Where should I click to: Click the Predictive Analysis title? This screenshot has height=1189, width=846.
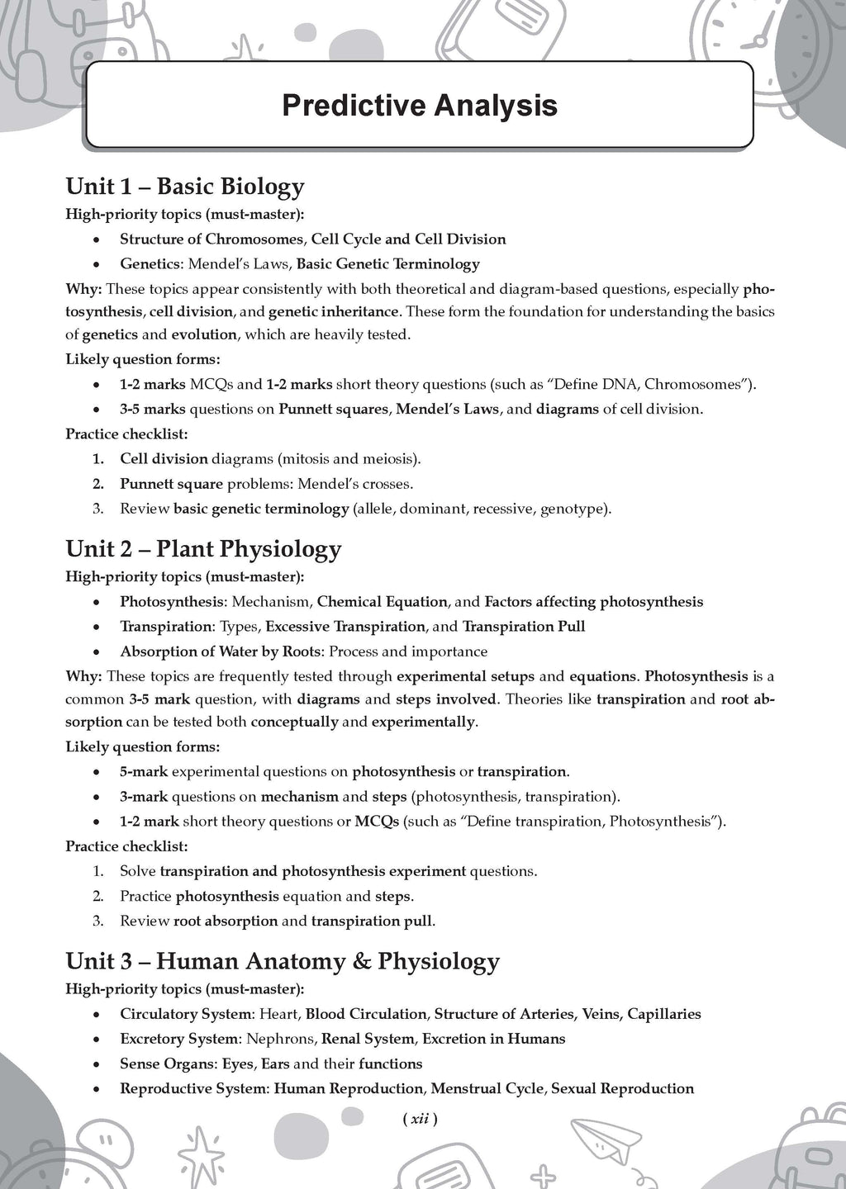pos(419,106)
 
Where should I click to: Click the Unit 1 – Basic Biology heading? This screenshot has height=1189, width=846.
pos(185,187)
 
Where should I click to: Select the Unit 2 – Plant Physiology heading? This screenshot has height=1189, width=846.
pos(203,549)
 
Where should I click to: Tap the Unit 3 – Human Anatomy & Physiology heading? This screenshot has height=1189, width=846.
pos(283,961)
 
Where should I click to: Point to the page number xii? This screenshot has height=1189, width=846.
pos(419,1120)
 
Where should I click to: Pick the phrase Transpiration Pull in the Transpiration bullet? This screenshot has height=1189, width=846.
pos(524,627)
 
